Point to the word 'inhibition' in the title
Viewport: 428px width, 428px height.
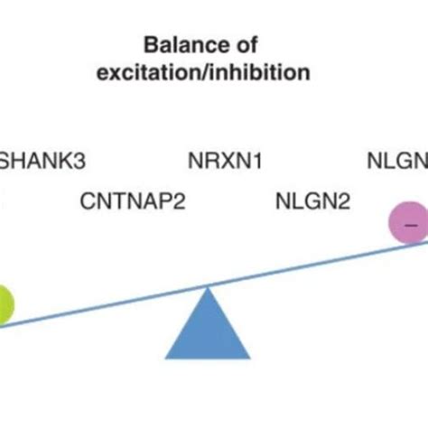pyautogui.click(x=265, y=71)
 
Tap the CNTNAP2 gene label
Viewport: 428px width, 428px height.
pyautogui.click(x=134, y=200)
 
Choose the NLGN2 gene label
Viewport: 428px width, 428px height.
pyautogui.click(x=312, y=200)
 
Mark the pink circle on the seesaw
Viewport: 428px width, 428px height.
pyautogui.click(x=409, y=223)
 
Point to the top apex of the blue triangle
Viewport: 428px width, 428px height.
pyautogui.click(x=209, y=288)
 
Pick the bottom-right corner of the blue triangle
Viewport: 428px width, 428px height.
pyautogui.click(x=251, y=358)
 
